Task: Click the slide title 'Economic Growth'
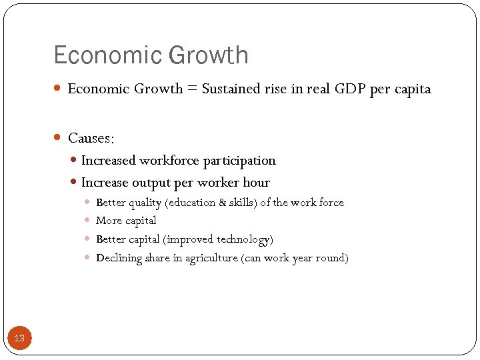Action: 151,55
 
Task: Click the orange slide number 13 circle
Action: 19,338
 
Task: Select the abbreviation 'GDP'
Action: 345,89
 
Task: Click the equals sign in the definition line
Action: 191,89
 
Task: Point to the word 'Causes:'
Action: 91,138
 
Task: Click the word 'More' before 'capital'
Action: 108,221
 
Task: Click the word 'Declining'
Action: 119,258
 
